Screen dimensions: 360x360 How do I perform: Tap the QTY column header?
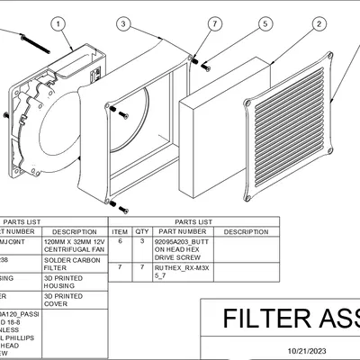142,231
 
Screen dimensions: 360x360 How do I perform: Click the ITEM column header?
121,231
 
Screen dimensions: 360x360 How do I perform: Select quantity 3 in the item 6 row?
142,242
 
